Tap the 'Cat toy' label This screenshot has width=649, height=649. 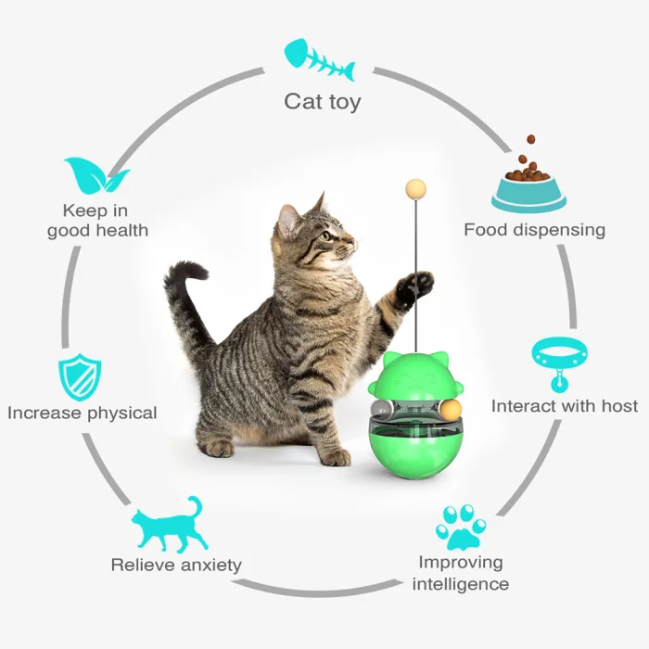click(x=322, y=101)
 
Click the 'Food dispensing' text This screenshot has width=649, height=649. click(x=535, y=229)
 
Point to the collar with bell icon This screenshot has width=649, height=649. click(x=559, y=362)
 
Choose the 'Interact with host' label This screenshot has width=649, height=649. click(x=565, y=406)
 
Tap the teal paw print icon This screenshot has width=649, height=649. click(x=461, y=527)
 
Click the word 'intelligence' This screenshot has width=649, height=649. click(x=461, y=584)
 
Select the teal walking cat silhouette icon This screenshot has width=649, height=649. click(x=167, y=526)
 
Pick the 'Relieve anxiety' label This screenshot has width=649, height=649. click(x=176, y=565)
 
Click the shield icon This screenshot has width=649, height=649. click(x=81, y=376)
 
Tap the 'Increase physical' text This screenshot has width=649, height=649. click(x=83, y=413)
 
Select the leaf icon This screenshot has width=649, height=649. click(x=95, y=175)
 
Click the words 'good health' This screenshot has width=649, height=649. click(x=97, y=230)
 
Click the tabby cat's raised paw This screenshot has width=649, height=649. click(x=414, y=287)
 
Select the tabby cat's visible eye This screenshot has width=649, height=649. click(x=325, y=235)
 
